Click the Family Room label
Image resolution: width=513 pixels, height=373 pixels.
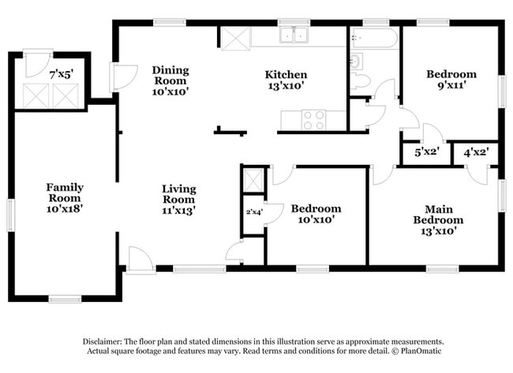(65, 198)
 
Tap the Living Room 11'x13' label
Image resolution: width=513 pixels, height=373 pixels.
(178, 200)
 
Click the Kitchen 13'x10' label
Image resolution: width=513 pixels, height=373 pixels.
(285, 80)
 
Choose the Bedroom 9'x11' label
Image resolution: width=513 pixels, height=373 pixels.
(451, 80)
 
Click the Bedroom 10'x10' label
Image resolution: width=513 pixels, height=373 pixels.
(316, 214)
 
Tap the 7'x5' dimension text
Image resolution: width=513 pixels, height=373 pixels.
(61, 74)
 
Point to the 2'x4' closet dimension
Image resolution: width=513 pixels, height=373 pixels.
(253, 211)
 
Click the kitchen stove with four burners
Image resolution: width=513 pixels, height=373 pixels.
(314, 120)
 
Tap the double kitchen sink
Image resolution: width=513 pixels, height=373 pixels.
(294, 35)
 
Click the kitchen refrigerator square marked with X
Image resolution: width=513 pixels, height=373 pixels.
(234, 39)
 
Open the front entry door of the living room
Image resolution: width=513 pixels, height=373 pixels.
(140, 259)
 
